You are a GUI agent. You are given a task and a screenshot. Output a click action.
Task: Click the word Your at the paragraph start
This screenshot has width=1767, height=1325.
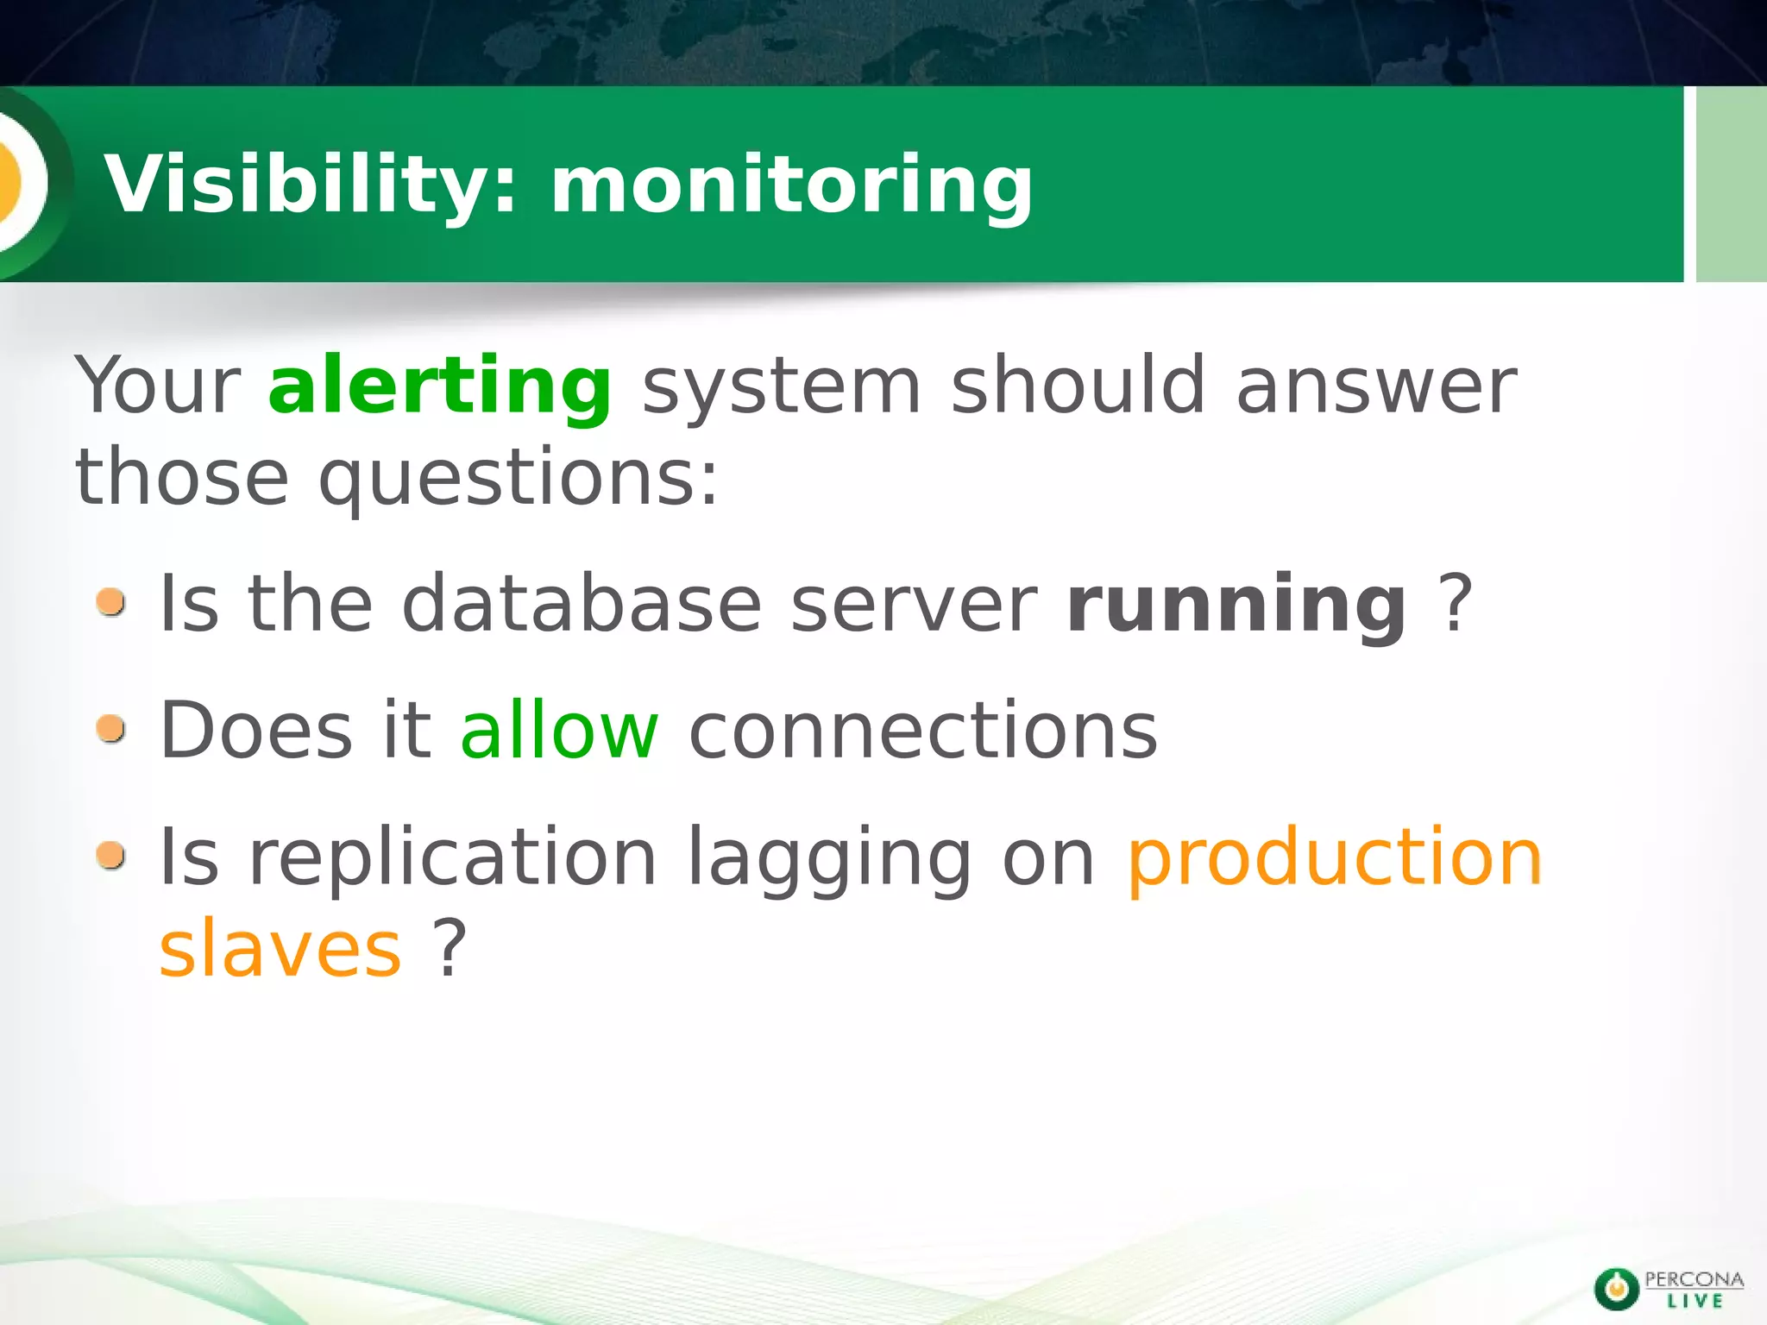point(158,386)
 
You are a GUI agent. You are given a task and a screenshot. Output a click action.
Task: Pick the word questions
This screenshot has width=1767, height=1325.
point(518,480)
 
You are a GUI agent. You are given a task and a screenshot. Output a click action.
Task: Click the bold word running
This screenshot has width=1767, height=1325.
point(1236,605)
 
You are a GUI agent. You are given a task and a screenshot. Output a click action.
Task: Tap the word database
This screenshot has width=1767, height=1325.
point(582,604)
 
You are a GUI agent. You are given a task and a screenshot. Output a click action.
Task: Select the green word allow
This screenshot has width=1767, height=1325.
point(559,731)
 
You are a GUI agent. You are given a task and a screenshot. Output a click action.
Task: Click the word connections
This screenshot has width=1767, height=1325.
point(922,731)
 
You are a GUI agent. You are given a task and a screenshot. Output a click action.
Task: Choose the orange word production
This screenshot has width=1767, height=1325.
point(1335,857)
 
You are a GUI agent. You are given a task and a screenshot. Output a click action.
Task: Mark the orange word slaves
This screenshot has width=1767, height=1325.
point(280,949)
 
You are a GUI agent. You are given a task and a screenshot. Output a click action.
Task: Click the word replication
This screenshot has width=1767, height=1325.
point(453,857)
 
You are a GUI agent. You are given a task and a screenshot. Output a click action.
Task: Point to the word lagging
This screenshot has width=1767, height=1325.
point(830,859)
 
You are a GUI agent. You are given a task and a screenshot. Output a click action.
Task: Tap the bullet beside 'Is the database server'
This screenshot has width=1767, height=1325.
point(111,603)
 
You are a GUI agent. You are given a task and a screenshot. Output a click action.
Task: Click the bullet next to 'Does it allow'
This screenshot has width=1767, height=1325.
point(111,730)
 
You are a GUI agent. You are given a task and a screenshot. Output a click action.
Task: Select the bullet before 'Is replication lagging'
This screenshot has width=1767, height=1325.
point(111,857)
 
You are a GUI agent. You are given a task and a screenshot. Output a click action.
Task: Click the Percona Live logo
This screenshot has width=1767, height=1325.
point(1668,1289)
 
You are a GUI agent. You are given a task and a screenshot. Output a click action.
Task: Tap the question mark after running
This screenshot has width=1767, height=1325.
point(1456,604)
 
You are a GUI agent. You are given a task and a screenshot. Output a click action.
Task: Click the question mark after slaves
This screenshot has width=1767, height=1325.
point(450,949)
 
